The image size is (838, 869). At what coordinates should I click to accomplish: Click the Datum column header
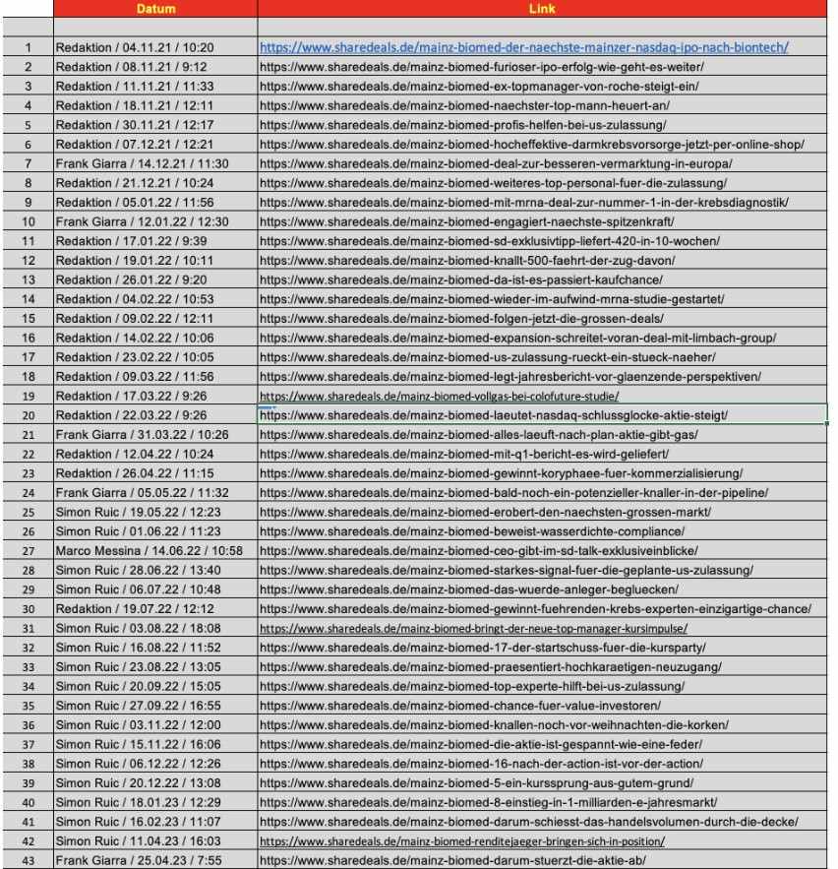coord(154,8)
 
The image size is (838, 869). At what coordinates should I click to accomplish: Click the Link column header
coord(542,8)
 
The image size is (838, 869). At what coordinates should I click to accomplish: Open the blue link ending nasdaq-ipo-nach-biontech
coord(523,47)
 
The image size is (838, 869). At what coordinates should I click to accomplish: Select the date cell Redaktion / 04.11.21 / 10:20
coord(135,47)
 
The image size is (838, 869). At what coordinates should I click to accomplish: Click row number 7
coord(28,163)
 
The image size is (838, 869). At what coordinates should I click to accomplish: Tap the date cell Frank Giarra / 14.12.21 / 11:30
coord(142,163)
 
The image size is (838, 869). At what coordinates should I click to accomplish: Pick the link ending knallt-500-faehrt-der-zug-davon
coord(466,261)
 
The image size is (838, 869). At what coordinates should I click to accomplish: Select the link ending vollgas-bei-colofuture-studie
coord(446,397)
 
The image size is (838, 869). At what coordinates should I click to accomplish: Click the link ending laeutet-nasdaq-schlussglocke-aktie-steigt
coord(493,415)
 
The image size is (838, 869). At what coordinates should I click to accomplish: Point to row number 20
coord(28,415)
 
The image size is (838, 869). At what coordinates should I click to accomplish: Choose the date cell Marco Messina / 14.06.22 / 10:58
coord(149,551)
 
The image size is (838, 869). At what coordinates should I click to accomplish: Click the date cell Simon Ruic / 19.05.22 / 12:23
coord(138,512)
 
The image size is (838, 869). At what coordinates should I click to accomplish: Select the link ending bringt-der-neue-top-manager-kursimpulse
coord(473,628)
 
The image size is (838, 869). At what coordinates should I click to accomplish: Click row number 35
coord(28,706)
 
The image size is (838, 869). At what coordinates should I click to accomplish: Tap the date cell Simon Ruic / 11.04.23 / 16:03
coord(138,841)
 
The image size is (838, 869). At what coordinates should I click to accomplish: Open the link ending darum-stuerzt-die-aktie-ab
coord(451,861)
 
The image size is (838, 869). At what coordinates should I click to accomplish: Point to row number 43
coord(28,861)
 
